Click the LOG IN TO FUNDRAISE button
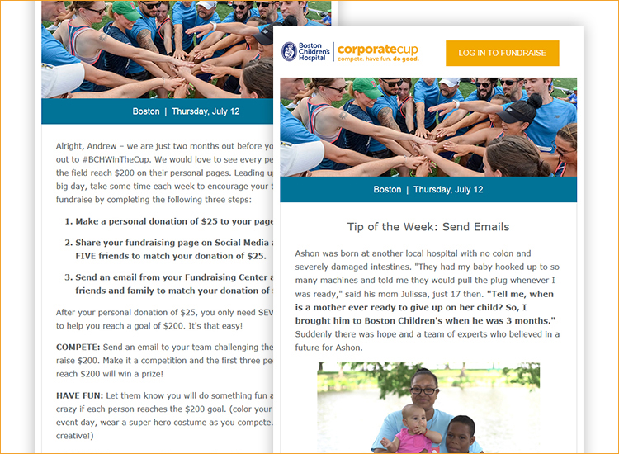(x=502, y=54)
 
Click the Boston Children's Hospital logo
(x=305, y=53)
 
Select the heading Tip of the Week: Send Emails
(x=428, y=226)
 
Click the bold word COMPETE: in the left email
(x=83, y=348)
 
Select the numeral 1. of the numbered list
(x=69, y=221)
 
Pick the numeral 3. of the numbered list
(x=69, y=277)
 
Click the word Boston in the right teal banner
(x=387, y=190)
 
